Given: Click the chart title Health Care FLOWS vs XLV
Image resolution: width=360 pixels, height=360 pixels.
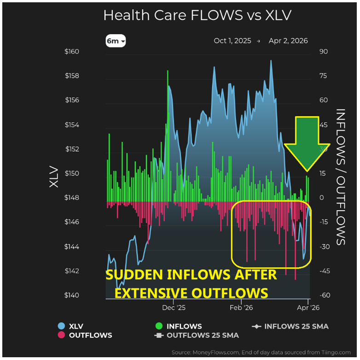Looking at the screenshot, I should [x=197, y=15].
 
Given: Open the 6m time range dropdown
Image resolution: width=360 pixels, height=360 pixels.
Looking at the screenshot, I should [x=115, y=41].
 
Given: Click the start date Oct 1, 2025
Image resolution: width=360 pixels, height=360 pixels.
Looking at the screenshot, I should [x=232, y=41].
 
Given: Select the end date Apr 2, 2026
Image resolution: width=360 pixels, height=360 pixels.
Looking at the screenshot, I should [x=289, y=41].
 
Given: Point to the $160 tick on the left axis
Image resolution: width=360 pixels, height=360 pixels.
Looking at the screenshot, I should [x=72, y=52].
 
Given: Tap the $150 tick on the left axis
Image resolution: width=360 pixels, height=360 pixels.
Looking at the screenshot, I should [x=72, y=174].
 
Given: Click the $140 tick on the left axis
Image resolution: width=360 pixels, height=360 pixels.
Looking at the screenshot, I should [x=72, y=295].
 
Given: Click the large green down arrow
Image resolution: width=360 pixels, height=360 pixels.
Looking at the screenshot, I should [x=307, y=143].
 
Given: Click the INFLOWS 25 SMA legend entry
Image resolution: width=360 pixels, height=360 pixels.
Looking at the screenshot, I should [x=290, y=326].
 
